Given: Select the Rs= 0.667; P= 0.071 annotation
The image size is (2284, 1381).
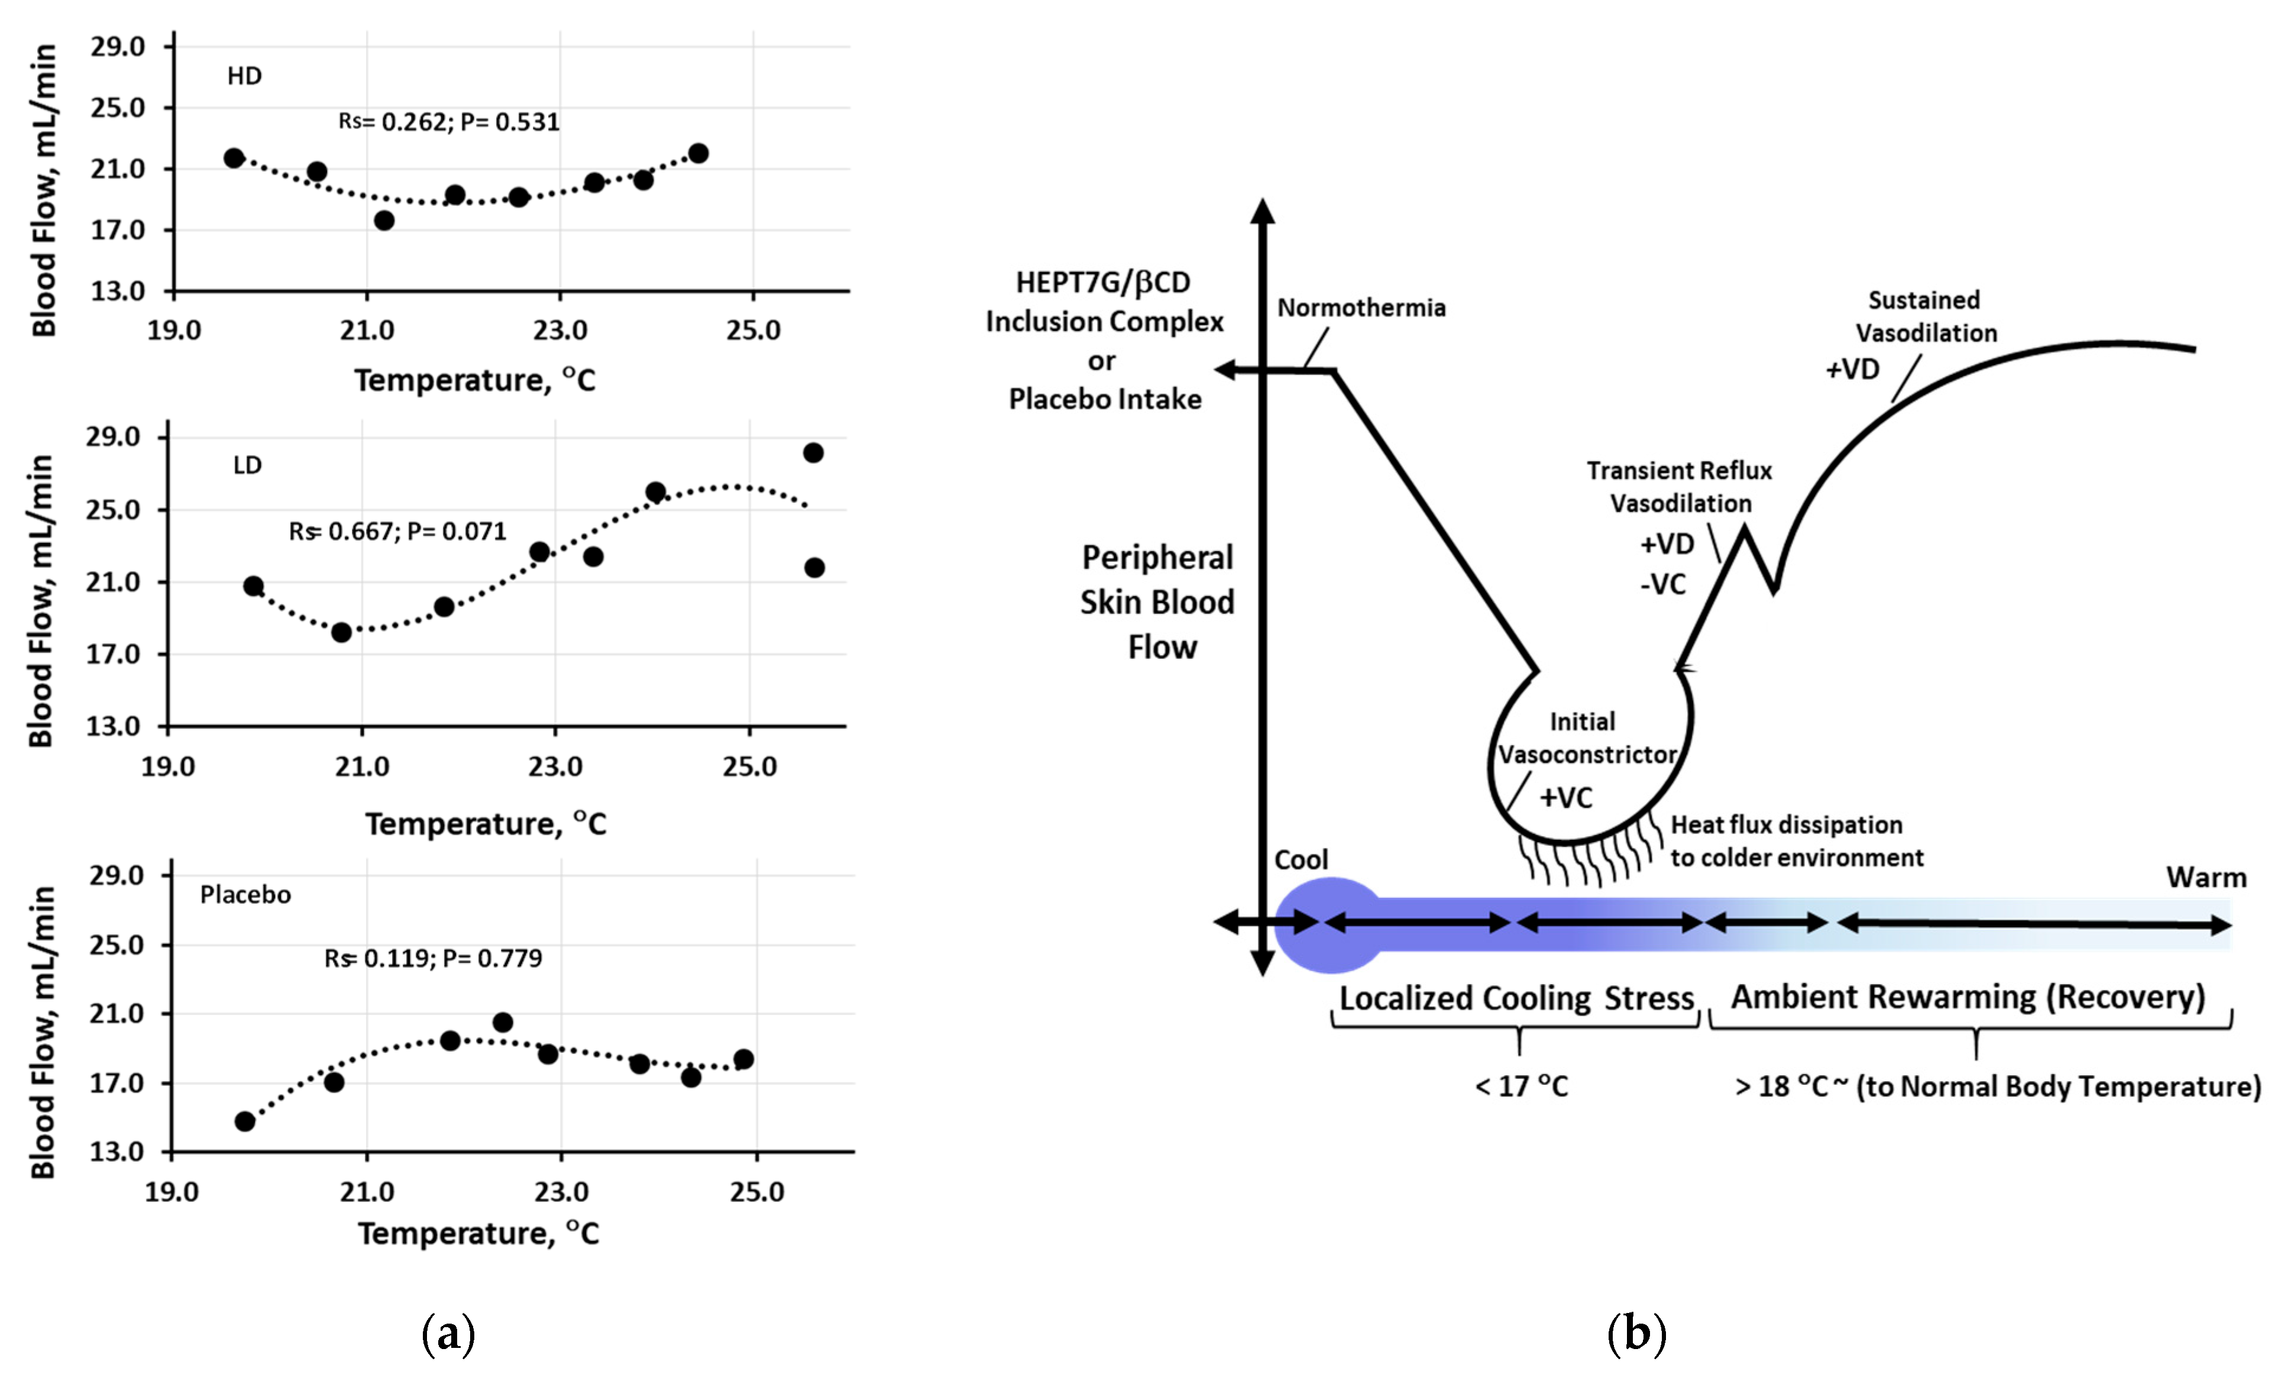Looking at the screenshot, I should tap(397, 531).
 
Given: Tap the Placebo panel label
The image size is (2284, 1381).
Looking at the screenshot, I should tap(245, 894).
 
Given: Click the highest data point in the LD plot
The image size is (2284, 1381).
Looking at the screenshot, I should tap(813, 453).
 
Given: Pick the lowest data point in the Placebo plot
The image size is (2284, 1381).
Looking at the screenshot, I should tap(245, 1121).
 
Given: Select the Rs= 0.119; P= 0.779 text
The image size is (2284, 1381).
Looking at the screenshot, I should tap(433, 958).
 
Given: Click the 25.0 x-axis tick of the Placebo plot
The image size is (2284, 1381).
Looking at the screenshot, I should tap(756, 1192).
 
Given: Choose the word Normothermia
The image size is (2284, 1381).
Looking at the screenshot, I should tap(1361, 308).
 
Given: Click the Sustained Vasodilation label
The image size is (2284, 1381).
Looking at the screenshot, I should tap(1925, 316).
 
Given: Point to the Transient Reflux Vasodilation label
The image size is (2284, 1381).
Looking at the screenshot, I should tap(1680, 487).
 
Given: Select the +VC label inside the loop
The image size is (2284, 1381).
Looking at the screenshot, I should tap(1565, 797).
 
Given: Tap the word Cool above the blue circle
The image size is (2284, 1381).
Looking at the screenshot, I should tap(1300, 860).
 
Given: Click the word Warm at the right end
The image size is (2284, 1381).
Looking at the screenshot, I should tap(2206, 878).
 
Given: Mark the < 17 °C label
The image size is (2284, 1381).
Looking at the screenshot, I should tap(1521, 1085).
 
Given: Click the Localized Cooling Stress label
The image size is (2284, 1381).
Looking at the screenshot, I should tap(1516, 998).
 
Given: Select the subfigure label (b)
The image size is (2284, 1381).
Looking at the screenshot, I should tap(1636, 1334).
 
